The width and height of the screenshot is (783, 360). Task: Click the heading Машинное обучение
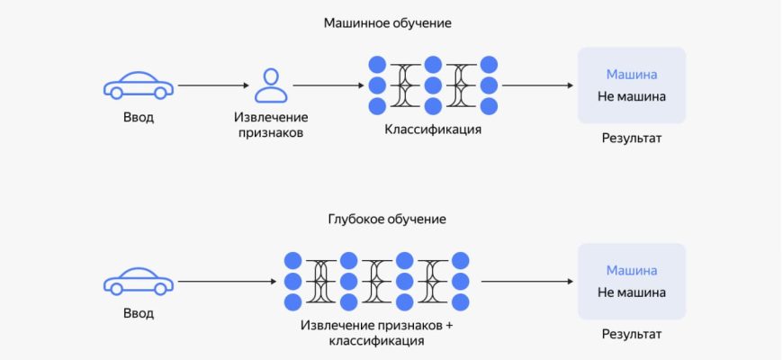(387, 23)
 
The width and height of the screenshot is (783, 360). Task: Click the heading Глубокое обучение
(387, 219)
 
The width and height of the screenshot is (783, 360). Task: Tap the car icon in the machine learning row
(139, 85)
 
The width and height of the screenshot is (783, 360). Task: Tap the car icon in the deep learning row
(139, 281)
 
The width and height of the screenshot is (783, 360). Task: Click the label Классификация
(433, 130)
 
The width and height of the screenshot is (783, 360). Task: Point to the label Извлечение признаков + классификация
(376, 333)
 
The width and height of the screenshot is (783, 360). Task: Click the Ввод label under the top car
(139, 118)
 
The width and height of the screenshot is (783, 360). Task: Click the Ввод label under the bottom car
(139, 313)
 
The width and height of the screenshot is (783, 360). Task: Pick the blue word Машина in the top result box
(631, 75)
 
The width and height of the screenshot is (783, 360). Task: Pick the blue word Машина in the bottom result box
(631, 270)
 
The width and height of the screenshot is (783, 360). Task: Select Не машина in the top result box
(631, 96)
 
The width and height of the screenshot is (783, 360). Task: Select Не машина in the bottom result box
(631, 292)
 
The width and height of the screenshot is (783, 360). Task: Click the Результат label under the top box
(632, 139)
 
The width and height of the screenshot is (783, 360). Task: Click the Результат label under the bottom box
(632, 334)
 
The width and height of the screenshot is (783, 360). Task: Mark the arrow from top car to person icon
(212, 86)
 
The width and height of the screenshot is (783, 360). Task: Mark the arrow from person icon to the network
(327, 86)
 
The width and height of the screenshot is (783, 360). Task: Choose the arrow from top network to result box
(537, 86)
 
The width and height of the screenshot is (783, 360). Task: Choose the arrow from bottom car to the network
(227, 282)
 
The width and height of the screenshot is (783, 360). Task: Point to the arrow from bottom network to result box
(523, 282)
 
